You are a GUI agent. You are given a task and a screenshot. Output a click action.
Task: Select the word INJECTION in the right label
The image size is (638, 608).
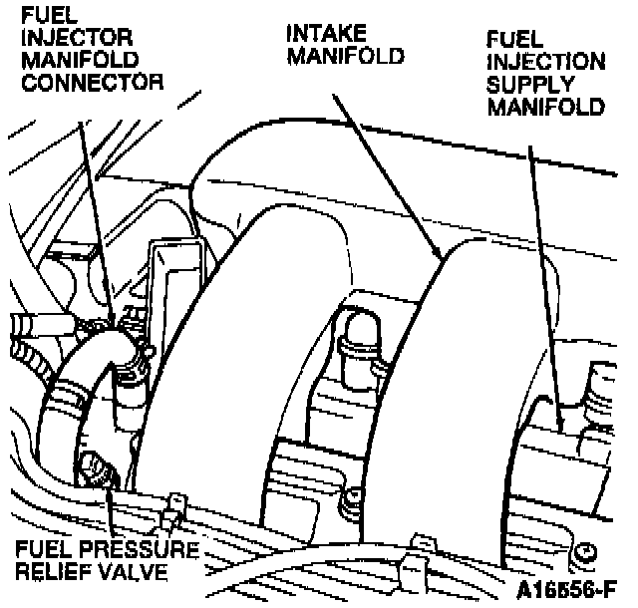[545, 62]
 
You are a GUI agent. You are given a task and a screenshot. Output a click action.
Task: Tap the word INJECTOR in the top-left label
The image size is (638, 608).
[66, 38]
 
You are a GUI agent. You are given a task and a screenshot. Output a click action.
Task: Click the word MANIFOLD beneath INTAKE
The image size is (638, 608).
[345, 56]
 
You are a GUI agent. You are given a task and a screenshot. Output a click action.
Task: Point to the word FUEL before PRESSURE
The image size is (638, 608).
[38, 550]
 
